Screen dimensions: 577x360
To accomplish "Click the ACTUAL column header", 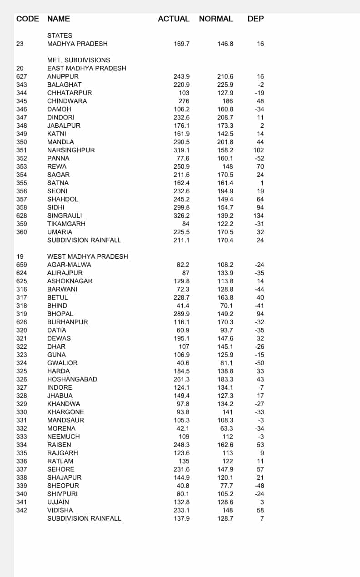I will click(x=173, y=19).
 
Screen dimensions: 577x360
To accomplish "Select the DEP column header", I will click(x=255, y=19).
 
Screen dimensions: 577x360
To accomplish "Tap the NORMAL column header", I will click(x=216, y=19).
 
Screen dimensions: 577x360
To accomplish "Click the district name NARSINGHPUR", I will click(x=71, y=150).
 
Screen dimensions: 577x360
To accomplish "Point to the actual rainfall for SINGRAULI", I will click(x=181, y=216).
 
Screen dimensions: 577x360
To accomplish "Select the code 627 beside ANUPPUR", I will click(x=21, y=76).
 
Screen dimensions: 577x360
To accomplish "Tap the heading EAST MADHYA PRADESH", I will click(x=86, y=68).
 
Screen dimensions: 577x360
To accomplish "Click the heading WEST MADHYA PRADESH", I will click(x=87, y=256).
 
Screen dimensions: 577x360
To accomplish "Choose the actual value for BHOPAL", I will click(x=181, y=314).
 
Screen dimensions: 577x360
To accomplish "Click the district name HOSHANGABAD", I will click(x=72, y=379).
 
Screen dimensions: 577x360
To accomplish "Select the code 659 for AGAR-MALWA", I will click(x=21, y=265).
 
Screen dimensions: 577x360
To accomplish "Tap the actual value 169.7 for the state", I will click(x=181, y=44).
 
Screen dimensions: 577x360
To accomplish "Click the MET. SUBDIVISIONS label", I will click(x=79, y=60).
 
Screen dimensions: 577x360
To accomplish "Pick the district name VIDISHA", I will click(x=60, y=510).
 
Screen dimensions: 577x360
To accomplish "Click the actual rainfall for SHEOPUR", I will click(x=183, y=486).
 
